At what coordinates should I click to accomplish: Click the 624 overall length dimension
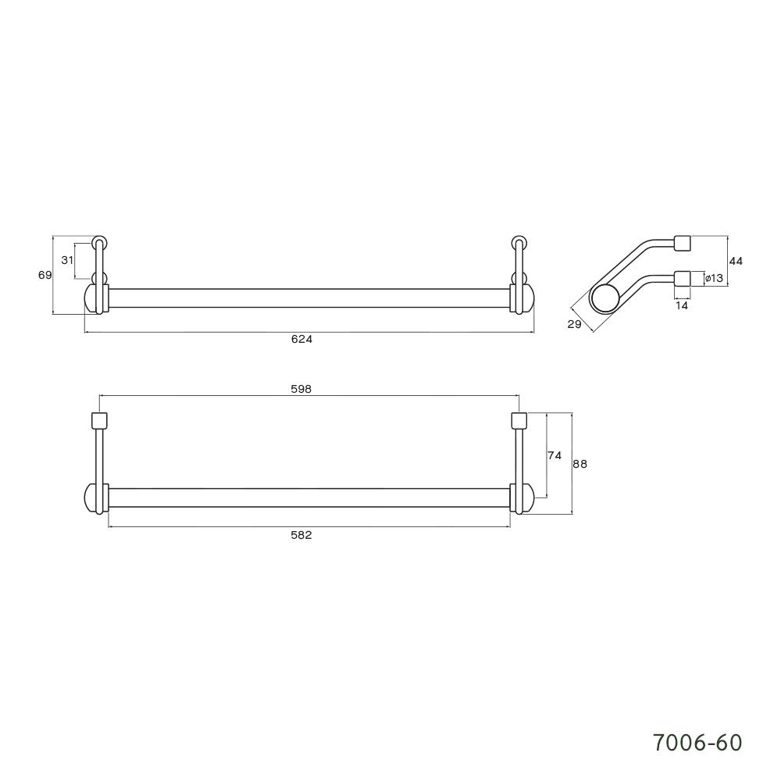301,339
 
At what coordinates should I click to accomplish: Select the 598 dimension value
301,389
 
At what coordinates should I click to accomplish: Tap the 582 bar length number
301,535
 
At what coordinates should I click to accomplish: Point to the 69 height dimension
45,275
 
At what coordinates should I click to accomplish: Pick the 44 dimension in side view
735,261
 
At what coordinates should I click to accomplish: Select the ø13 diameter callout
713,278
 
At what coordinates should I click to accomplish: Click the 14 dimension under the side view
682,306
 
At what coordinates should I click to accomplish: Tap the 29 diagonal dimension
575,325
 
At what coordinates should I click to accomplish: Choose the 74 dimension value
555,456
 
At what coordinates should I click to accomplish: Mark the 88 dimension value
580,464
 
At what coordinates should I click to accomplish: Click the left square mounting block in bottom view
99,420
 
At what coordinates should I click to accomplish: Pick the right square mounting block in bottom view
519,420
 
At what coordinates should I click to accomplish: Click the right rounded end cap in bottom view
526,499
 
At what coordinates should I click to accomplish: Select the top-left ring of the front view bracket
99,241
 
